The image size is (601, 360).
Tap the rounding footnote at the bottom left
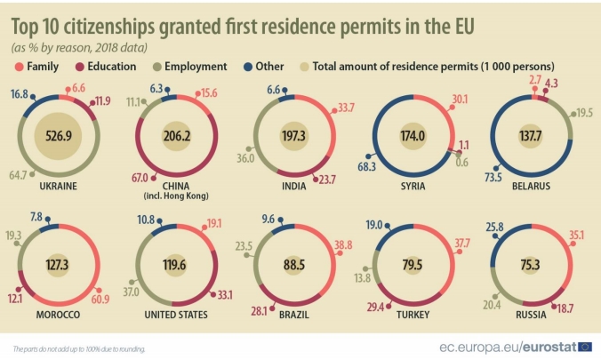click(78, 348)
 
